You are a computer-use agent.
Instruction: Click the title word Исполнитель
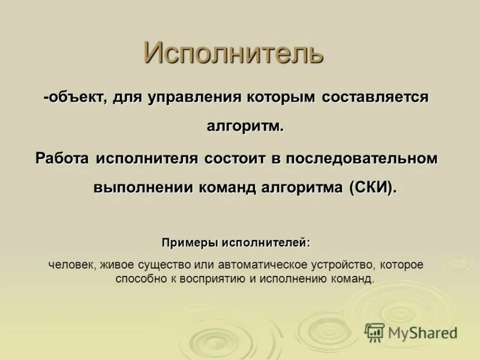(x=233, y=53)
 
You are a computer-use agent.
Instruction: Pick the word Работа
(x=62, y=158)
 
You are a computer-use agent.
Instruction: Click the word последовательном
(x=362, y=158)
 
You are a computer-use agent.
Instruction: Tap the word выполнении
(x=142, y=188)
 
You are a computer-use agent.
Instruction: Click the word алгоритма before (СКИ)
(x=302, y=188)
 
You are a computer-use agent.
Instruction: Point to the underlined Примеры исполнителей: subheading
(x=236, y=243)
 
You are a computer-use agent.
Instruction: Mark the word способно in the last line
(x=137, y=279)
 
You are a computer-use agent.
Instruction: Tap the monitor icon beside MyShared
(x=375, y=332)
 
